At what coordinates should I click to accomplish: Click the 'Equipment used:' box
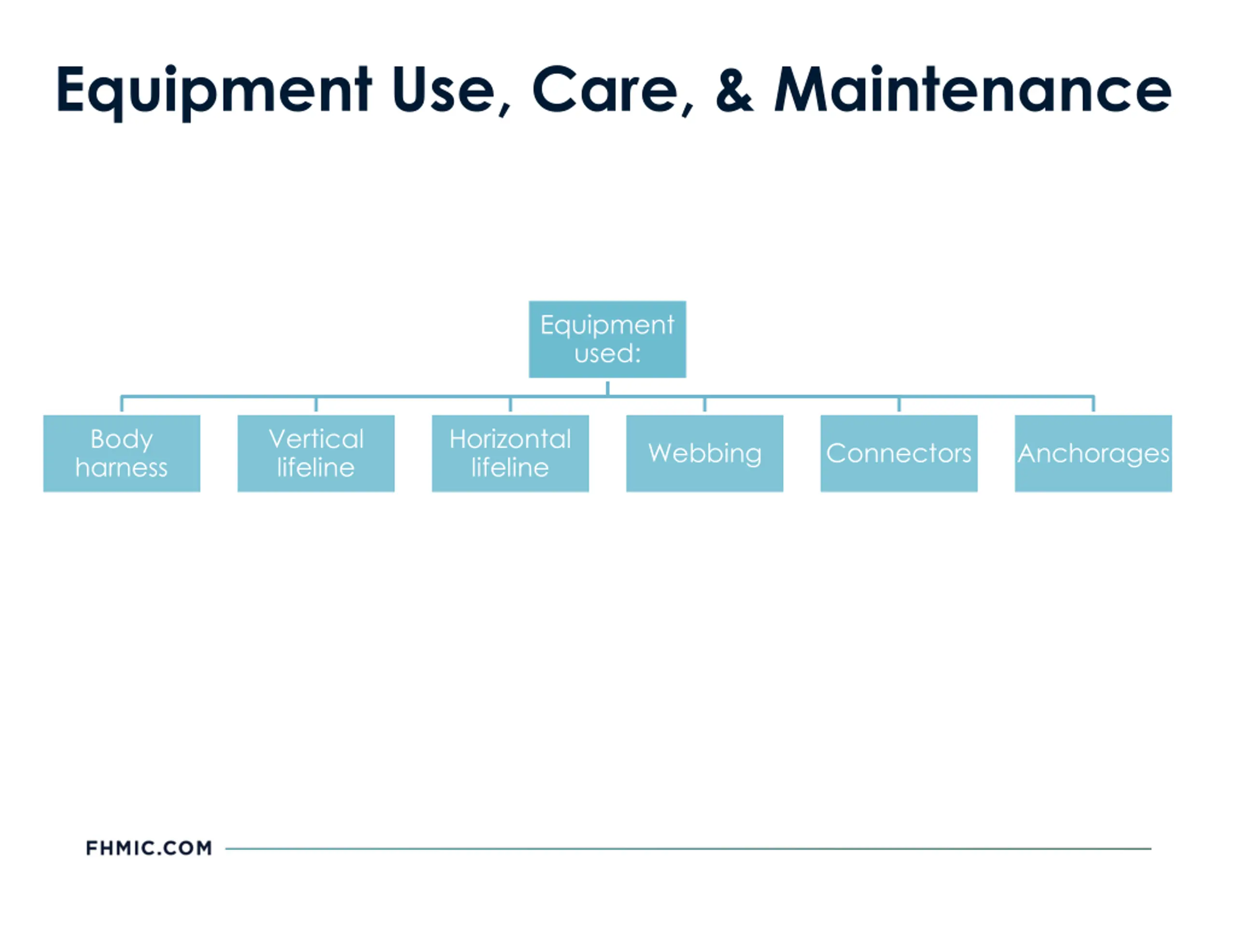pos(607,339)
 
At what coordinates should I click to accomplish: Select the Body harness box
pos(122,453)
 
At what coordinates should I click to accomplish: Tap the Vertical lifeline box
pos(316,453)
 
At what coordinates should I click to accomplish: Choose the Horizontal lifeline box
pos(510,453)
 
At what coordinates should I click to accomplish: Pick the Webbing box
pos(704,453)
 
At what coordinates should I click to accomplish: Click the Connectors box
pos(899,453)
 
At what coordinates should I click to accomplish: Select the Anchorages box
pos(1093,453)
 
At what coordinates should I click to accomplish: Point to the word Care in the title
pos(606,89)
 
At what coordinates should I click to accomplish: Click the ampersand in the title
pos(734,89)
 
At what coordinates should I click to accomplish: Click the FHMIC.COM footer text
pos(149,848)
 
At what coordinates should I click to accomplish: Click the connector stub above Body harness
pos(122,405)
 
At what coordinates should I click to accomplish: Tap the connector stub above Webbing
pos(704,405)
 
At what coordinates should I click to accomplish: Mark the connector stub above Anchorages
pos(1093,405)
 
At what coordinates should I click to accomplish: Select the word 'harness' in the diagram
pos(122,468)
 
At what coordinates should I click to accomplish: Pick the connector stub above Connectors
pos(899,405)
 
